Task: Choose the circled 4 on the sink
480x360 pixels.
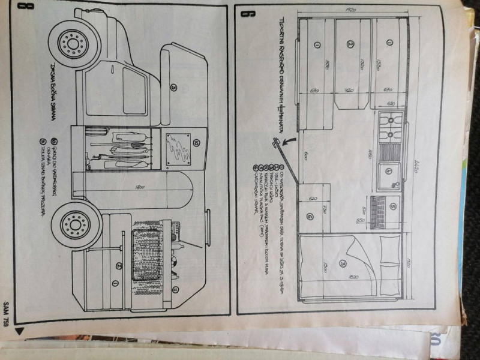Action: tap(388, 170)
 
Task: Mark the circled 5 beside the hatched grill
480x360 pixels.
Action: tap(393, 206)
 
